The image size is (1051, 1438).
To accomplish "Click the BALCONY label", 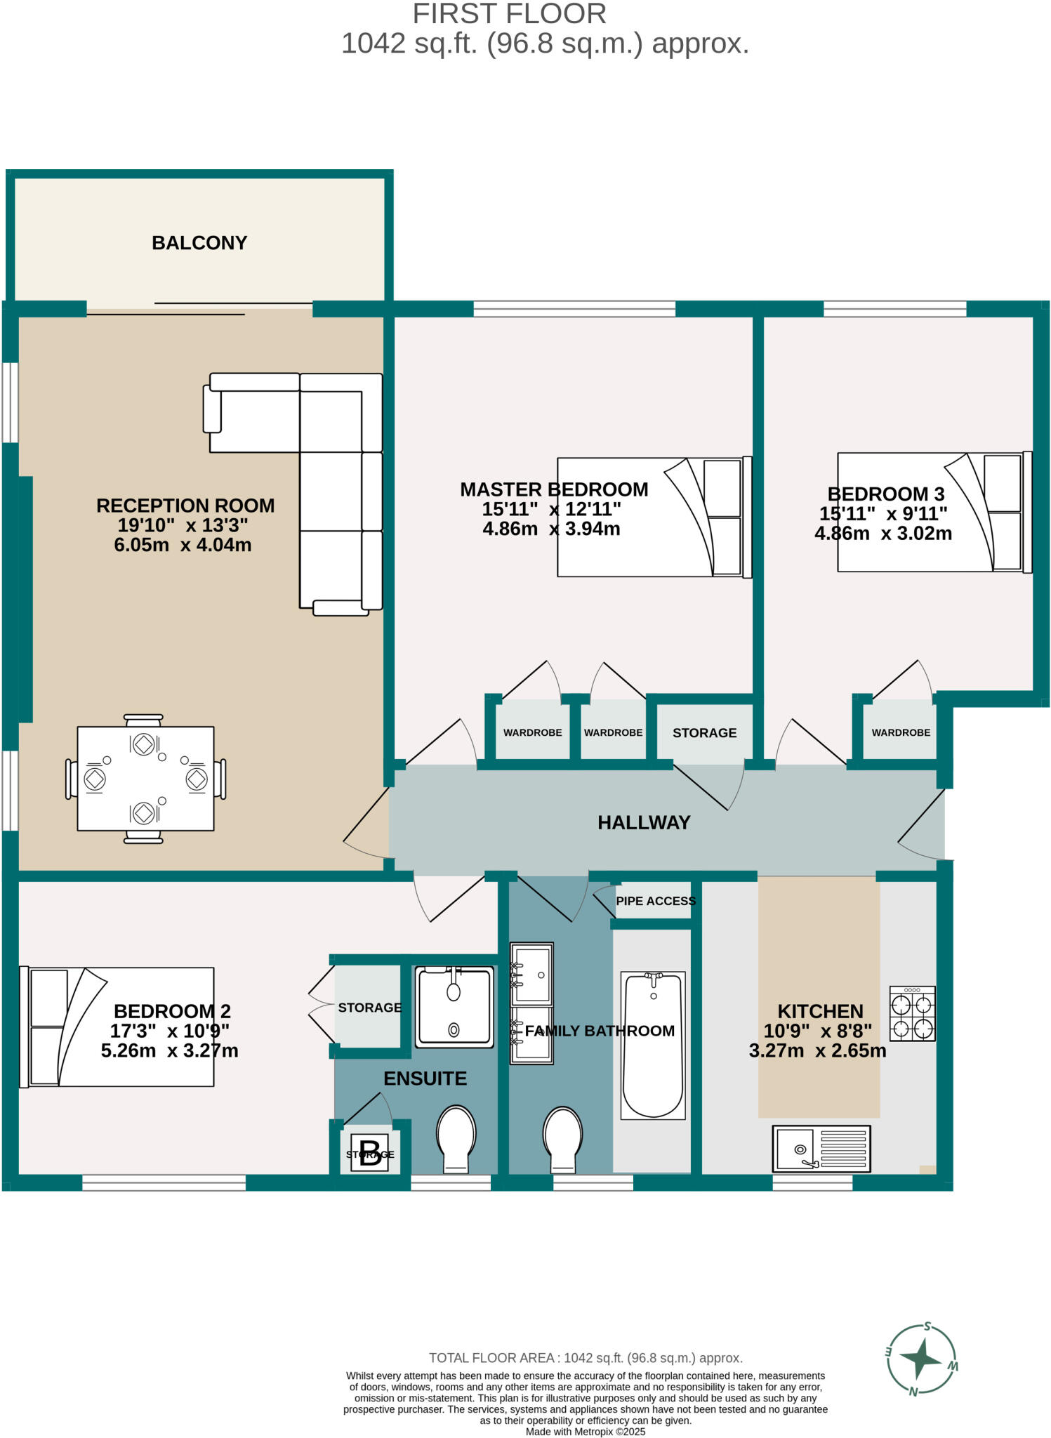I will click(199, 243).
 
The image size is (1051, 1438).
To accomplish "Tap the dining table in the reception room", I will click(145, 779).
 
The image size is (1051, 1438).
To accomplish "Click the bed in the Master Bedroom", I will click(654, 517).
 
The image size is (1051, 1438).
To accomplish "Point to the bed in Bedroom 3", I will click(934, 512).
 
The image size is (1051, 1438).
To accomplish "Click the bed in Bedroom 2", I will click(117, 1027).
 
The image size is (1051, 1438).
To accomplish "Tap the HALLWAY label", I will click(644, 822).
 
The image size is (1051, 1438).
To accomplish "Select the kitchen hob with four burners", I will click(912, 1013).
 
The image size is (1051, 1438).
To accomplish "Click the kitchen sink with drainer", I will click(821, 1149).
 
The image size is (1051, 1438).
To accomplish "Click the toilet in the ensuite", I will click(456, 1138).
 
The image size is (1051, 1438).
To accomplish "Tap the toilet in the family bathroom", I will click(563, 1138).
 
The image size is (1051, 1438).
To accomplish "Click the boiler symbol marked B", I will click(370, 1153).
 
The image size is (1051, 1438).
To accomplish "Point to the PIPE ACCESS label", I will click(656, 901).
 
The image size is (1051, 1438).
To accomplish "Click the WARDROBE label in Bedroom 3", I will click(901, 732).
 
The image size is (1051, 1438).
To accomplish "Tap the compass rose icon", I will click(922, 1359).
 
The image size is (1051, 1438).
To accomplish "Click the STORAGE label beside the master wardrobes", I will click(704, 733).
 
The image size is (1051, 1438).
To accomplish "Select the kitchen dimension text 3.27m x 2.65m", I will click(817, 1051).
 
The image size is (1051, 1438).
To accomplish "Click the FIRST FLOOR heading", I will click(509, 14).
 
